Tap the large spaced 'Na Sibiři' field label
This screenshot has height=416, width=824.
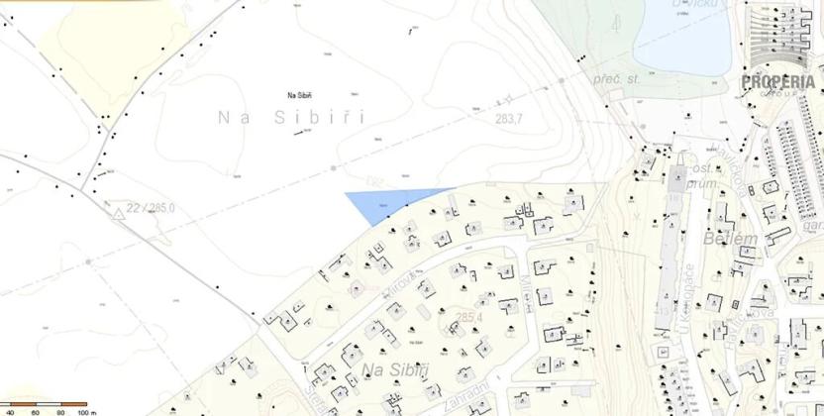tap(291, 118)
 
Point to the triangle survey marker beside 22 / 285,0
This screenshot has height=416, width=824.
tap(120, 210)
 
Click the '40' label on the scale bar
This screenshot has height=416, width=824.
tap(10, 410)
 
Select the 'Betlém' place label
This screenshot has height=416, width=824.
tap(731, 239)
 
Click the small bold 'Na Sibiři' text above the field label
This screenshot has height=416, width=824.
tap(299, 95)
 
